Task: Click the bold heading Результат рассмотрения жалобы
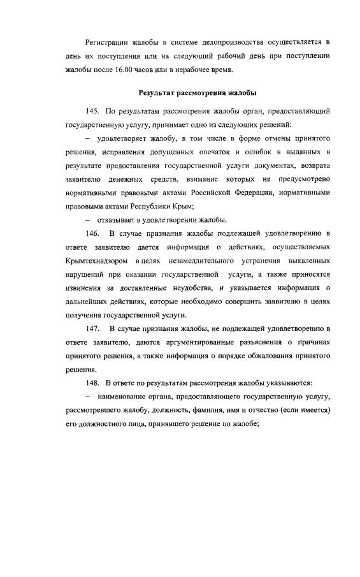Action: tap(198, 94)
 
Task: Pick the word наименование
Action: tap(125, 397)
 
